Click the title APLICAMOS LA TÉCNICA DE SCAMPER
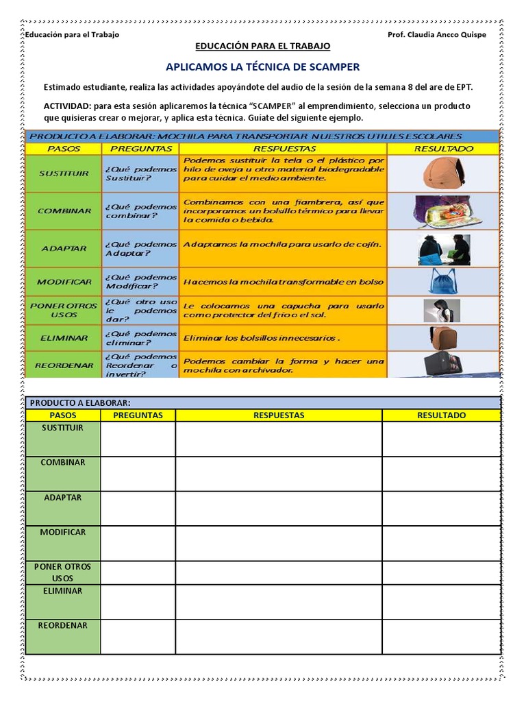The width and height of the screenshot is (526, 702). (x=262, y=67)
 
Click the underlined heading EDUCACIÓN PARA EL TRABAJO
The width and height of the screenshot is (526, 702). (x=262, y=46)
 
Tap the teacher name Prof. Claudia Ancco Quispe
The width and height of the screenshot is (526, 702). (x=437, y=36)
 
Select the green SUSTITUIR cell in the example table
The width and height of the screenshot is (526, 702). (x=63, y=174)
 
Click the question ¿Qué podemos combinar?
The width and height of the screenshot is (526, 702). (x=140, y=211)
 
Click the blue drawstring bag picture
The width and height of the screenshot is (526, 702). (x=443, y=281)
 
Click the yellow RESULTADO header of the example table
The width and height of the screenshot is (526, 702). (x=443, y=148)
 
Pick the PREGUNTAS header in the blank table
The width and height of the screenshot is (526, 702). (x=138, y=415)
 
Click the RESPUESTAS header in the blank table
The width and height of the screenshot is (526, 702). (x=279, y=415)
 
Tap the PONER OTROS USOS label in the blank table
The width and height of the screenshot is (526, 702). (x=62, y=572)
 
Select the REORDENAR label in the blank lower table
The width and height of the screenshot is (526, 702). (x=62, y=625)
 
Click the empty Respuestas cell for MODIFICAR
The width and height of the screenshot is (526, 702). (x=279, y=544)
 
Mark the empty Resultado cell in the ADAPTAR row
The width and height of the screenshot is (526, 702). (x=441, y=509)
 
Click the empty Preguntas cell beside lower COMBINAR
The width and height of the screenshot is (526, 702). (x=138, y=474)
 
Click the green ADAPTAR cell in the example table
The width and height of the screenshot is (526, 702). (x=63, y=248)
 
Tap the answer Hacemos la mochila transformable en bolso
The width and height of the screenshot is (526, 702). (x=283, y=282)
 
